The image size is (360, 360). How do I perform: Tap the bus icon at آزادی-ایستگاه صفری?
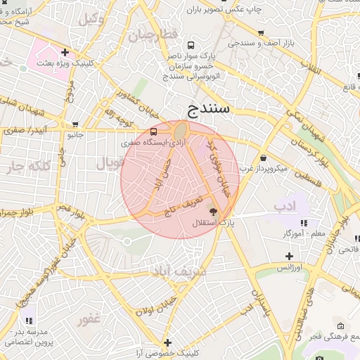point(154,132)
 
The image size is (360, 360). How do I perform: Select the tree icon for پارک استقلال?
point(212,212)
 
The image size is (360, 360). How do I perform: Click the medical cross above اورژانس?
point(288,256)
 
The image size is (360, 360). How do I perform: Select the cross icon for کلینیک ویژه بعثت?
point(65,52)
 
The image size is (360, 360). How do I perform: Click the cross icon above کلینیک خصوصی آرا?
point(167,342)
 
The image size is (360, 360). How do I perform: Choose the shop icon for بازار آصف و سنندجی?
point(262,33)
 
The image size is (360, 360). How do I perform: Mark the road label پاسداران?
point(256,299)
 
